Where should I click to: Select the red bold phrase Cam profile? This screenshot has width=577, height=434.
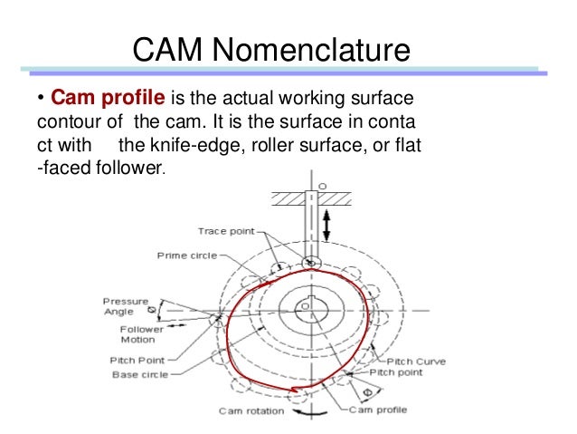(97, 97)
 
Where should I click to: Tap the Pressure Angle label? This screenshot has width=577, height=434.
(118, 306)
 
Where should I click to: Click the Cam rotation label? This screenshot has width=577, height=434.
(251, 410)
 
